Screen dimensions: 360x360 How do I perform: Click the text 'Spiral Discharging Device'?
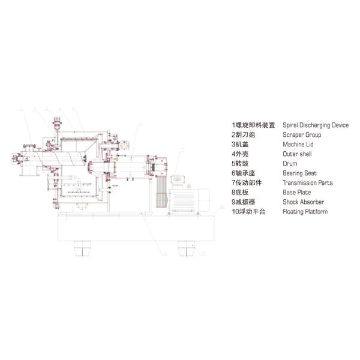pos(315,125)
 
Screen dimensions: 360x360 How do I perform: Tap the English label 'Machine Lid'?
pos(298,145)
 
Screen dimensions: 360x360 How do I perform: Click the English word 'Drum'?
pos(289,164)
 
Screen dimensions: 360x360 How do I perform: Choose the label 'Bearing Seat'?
pos(299,173)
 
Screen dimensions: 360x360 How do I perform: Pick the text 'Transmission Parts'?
pos(307,183)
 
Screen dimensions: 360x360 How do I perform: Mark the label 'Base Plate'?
pos(296,193)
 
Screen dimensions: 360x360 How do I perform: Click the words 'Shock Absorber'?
pos(302,202)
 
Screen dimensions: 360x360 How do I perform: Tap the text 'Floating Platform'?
pos(305,212)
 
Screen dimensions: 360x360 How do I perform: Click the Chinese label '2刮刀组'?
pos(242,135)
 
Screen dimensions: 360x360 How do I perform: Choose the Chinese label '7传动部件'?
pos(246,183)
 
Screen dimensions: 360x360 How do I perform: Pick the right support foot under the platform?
pos(187,247)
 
